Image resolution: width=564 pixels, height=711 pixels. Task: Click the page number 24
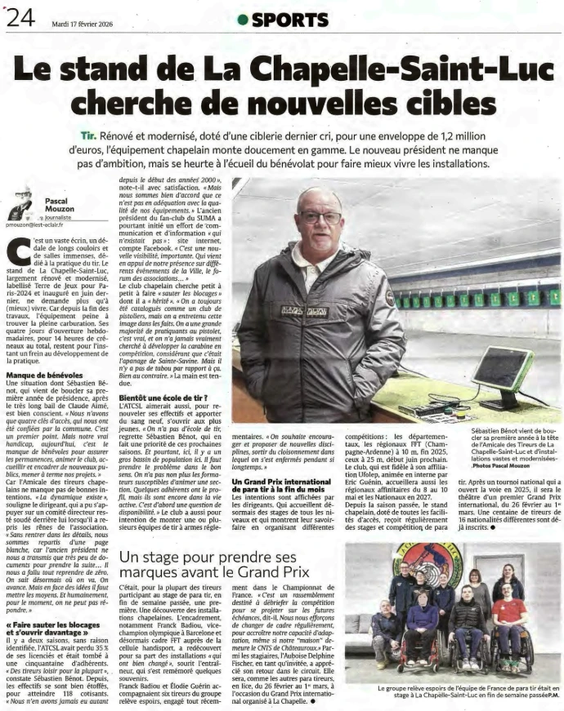19,17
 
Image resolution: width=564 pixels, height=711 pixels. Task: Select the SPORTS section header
289,20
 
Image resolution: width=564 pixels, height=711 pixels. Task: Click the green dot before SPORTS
242,20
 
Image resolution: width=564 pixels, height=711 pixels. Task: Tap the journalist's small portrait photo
21,203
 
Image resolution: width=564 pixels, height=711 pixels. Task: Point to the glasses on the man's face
319,217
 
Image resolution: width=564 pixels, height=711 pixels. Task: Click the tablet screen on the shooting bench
501,368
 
